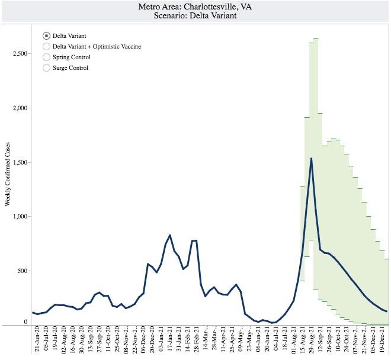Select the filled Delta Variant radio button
point(47,36)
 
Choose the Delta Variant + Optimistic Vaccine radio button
point(47,46)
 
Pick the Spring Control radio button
point(47,57)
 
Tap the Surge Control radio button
point(47,68)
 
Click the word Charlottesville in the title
point(217,7)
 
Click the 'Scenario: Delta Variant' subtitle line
point(195,16)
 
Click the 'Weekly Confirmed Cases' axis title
point(8,174)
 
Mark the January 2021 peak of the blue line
point(170,235)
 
